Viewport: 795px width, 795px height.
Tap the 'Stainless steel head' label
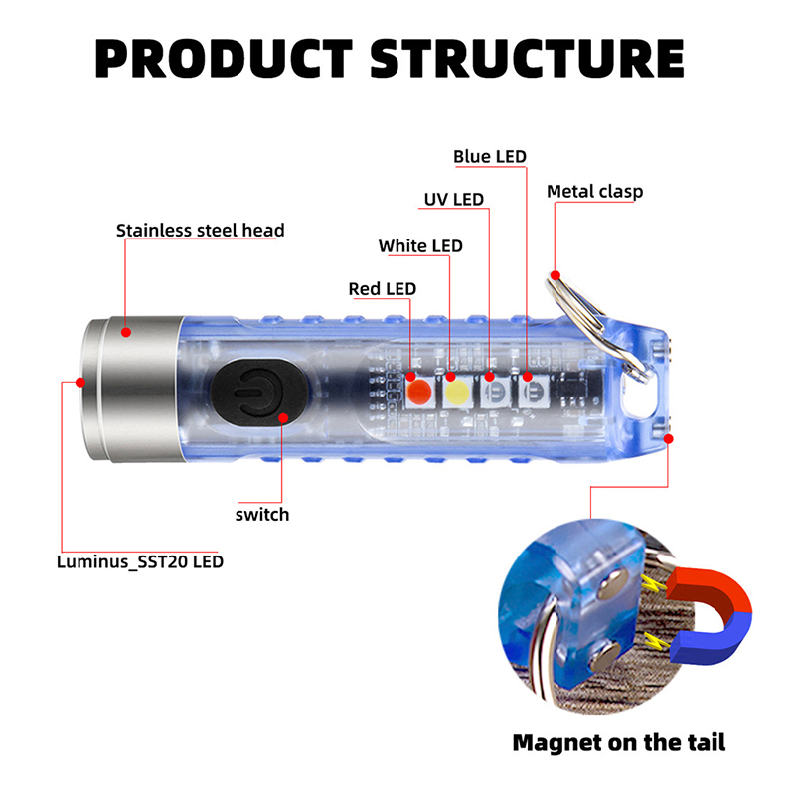[200, 231]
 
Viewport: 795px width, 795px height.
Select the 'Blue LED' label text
[489, 156]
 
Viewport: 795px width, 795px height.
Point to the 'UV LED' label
[453, 199]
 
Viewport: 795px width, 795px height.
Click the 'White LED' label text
[419, 245]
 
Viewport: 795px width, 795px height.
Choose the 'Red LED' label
[382, 288]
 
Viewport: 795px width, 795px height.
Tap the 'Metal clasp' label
[594, 191]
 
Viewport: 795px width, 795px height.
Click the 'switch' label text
[262, 514]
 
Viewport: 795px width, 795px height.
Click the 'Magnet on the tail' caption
[618, 741]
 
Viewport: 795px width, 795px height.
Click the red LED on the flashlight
[419, 390]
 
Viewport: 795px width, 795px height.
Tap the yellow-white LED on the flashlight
[457, 391]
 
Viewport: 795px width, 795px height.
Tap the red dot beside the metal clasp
[556, 274]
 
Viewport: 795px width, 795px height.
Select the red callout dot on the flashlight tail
[668, 437]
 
